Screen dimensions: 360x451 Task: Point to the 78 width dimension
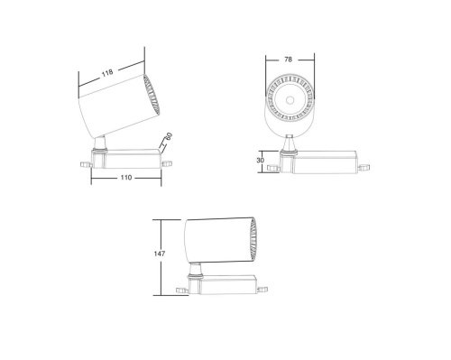pos(288,60)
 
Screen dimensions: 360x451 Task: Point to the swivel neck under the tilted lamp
pos(102,143)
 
